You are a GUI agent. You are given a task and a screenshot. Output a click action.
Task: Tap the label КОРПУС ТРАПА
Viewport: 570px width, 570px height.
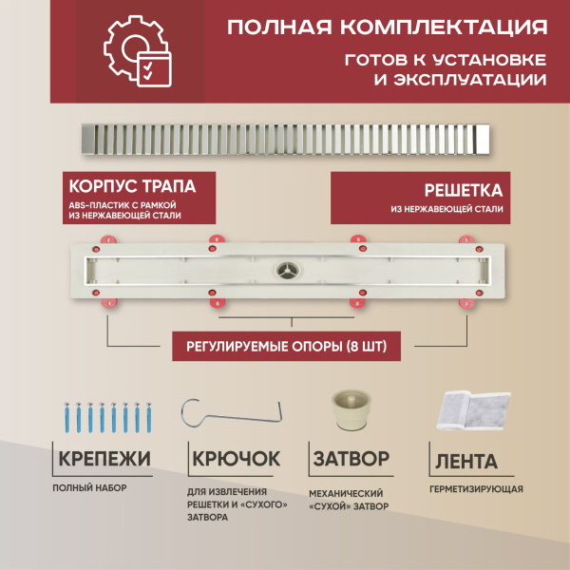139,185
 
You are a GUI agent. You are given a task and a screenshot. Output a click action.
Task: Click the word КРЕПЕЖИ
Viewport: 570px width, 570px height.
104,460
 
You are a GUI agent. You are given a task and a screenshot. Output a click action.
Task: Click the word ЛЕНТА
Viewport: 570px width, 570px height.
465,463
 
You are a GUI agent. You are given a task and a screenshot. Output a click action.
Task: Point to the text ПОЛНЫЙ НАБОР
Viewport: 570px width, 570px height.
90,487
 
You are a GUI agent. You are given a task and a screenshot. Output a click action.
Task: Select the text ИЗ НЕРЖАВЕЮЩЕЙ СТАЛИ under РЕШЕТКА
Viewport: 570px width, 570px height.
446,209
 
